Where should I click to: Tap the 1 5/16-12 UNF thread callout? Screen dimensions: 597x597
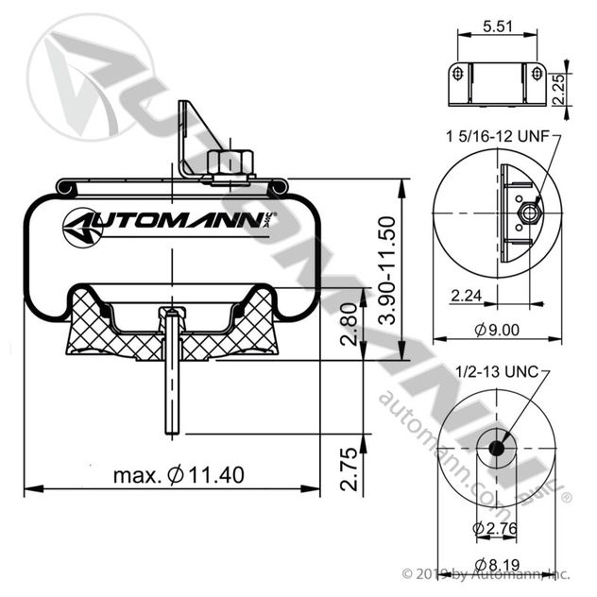[x=497, y=137]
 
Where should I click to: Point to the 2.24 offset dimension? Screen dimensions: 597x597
[x=469, y=297]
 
